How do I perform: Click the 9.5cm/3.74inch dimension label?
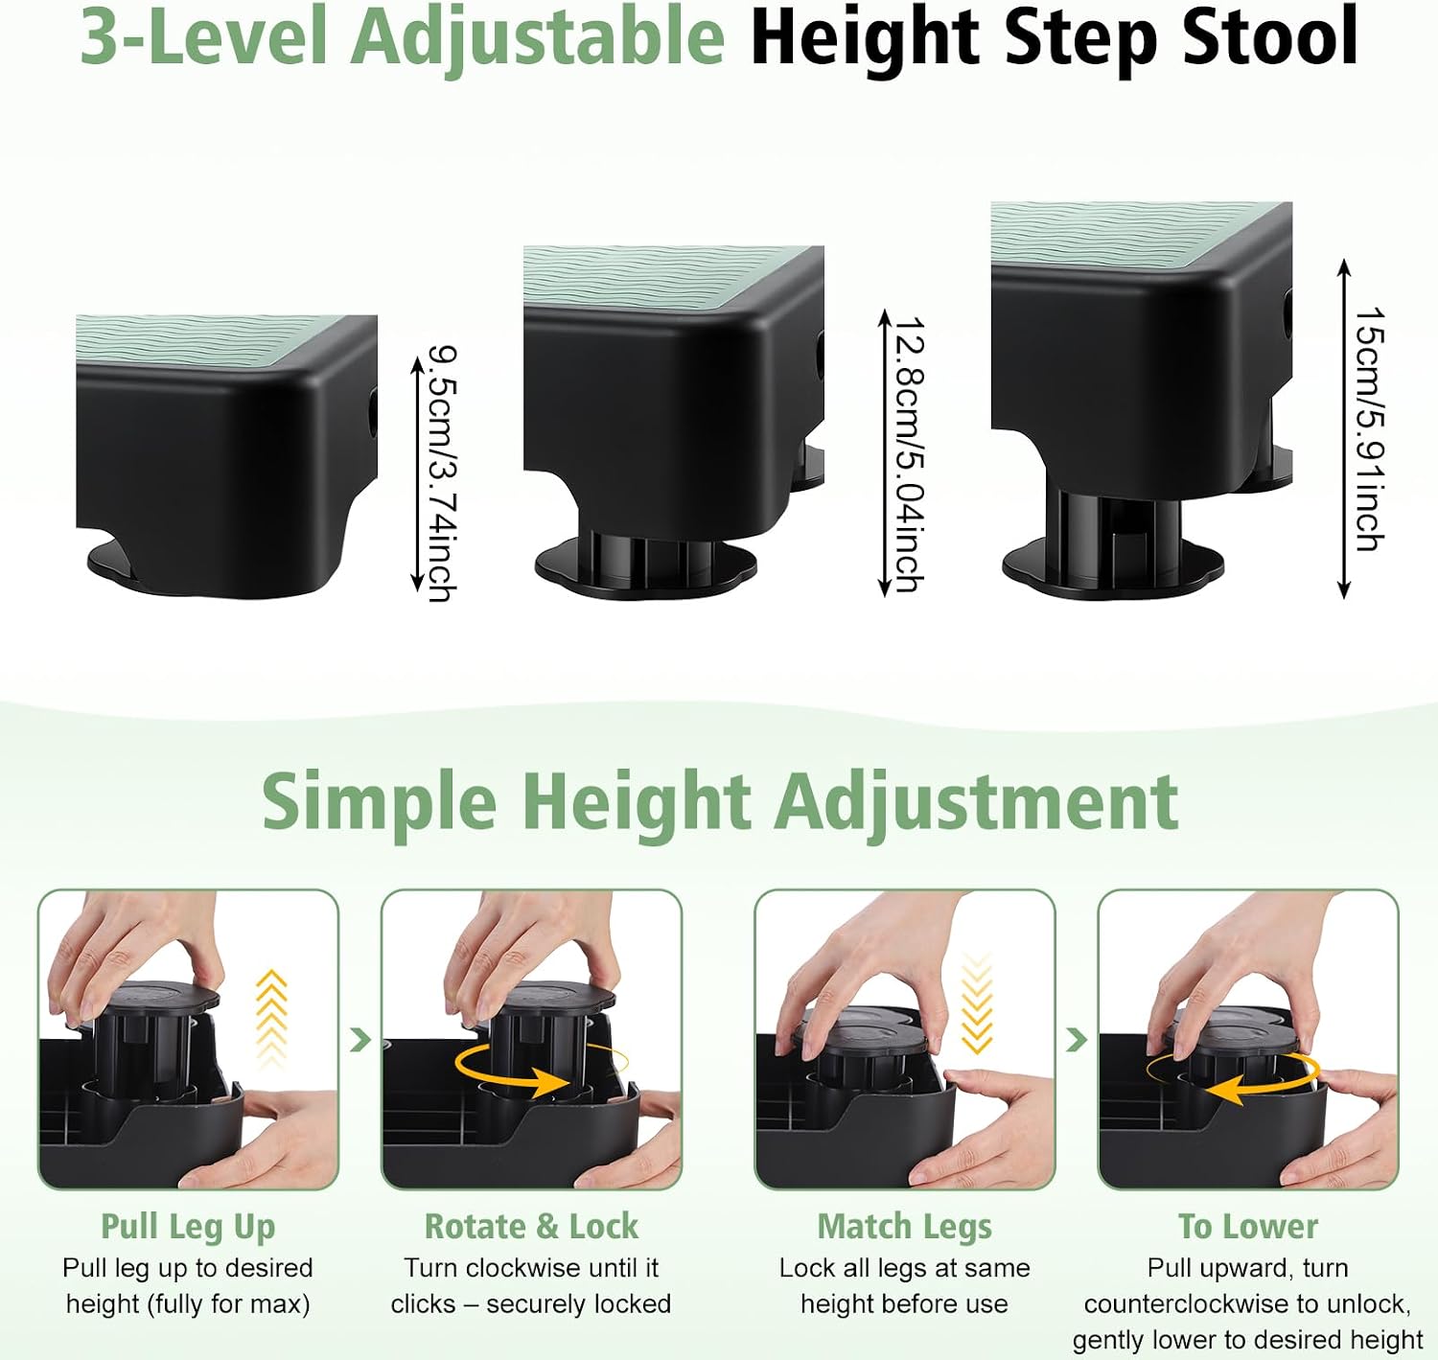[x=442, y=474]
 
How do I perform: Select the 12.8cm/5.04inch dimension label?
[x=910, y=454]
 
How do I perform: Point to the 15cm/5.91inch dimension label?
[x=1369, y=429]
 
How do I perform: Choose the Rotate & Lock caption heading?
[x=532, y=1227]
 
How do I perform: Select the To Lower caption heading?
[x=1248, y=1227]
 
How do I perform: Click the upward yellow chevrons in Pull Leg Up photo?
[x=272, y=1018]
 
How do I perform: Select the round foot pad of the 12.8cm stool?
[x=646, y=571]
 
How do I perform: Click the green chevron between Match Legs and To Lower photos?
[x=1076, y=1039]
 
